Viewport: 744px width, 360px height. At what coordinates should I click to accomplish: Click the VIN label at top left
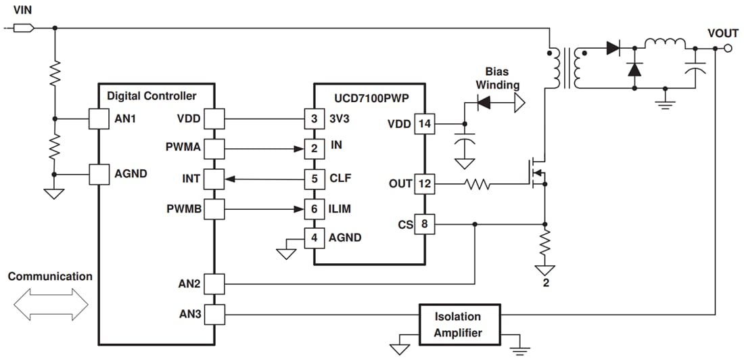tap(22, 9)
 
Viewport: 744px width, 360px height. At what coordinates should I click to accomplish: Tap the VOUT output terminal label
tap(722, 33)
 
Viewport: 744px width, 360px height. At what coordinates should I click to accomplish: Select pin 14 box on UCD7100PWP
tap(424, 124)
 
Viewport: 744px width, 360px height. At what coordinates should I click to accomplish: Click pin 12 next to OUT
tap(424, 183)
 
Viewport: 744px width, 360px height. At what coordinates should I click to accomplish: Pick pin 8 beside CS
tap(424, 224)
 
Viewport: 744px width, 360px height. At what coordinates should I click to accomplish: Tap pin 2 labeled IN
tap(313, 149)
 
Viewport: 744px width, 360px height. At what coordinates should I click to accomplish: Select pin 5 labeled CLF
tap(313, 179)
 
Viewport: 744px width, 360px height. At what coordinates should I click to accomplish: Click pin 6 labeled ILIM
tap(313, 209)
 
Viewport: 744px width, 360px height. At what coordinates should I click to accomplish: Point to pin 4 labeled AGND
tap(313, 238)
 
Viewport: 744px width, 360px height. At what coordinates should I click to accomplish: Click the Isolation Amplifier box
tap(458, 324)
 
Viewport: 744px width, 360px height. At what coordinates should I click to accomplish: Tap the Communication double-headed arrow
tap(51, 305)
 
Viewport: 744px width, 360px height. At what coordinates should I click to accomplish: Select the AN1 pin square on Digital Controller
tap(99, 119)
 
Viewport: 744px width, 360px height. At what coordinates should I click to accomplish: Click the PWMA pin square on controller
tap(214, 149)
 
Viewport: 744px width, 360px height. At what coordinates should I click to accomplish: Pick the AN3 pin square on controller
tap(214, 314)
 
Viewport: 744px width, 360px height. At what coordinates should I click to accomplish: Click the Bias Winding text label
tap(497, 78)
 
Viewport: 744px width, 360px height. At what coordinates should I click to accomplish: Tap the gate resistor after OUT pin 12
tap(478, 183)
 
